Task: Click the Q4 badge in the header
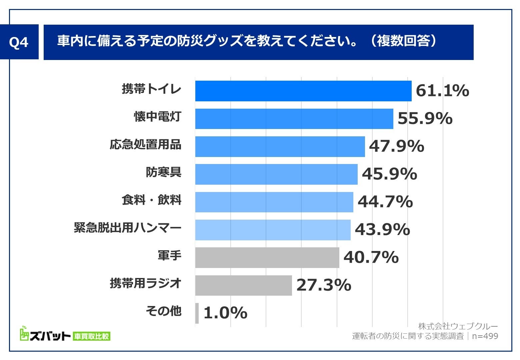[19, 42]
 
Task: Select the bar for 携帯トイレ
[303, 91]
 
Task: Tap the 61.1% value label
[442, 91]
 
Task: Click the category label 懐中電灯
[157, 117]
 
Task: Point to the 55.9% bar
[294, 119]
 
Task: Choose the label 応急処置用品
[145, 145]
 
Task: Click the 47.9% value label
[396, 146]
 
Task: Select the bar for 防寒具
[276, 174]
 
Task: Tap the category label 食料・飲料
[151, 200]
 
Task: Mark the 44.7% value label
[385, 202]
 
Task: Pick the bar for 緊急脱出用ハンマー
[273, 230]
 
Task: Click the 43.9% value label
[382, 230]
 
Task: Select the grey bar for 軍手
[267, 257]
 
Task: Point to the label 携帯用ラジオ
[146, 283]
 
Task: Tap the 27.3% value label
[324, 285]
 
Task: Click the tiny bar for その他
[197, 313]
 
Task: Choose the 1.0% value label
[225, 313]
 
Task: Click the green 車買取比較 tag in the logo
[91, 336]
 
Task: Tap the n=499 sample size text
[485, 336]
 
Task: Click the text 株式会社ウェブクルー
[458, 326]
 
